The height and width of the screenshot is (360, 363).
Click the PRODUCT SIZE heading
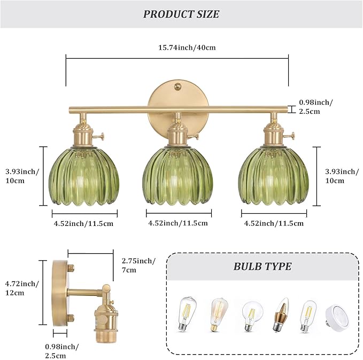point(181,14)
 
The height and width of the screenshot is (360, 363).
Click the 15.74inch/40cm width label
point(177,47)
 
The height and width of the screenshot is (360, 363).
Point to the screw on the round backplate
point(177,84)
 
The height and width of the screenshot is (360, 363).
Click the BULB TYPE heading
point(262,266)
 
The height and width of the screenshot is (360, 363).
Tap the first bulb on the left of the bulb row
point(185,314)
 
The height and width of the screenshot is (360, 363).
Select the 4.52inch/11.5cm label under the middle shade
point(177,223)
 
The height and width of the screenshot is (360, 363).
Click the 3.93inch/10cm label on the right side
point(342,176)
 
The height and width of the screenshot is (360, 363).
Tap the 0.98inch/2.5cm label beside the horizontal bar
point(316,106)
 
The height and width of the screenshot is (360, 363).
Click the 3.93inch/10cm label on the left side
point(21,176)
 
